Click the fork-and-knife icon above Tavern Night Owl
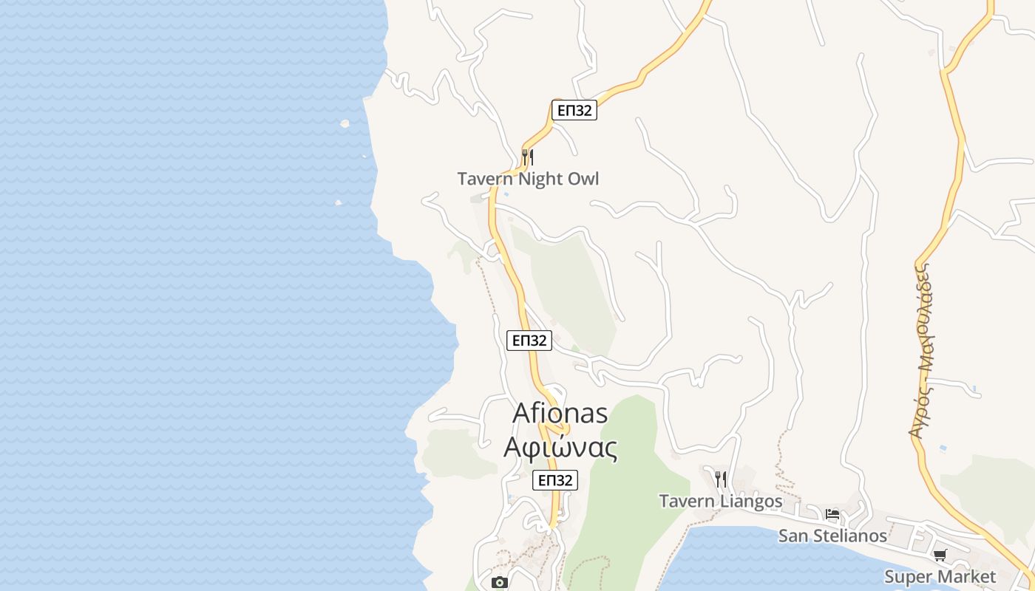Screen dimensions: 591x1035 [527, 157]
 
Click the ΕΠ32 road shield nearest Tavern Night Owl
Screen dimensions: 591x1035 [574, 111]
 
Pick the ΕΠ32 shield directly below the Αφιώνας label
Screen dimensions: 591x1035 [554, 480]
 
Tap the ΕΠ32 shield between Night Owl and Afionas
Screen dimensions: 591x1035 [529, 341]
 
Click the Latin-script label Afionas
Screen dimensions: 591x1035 [560, 413]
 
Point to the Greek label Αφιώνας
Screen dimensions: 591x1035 [560, 447]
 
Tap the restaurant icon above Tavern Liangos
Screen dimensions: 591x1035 [721, 479]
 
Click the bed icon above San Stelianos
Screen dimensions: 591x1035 [832, 514]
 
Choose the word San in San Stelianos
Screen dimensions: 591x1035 [794, 536]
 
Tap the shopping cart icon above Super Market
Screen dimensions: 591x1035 [940, 555]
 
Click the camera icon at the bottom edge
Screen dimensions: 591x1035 [500, 582]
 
